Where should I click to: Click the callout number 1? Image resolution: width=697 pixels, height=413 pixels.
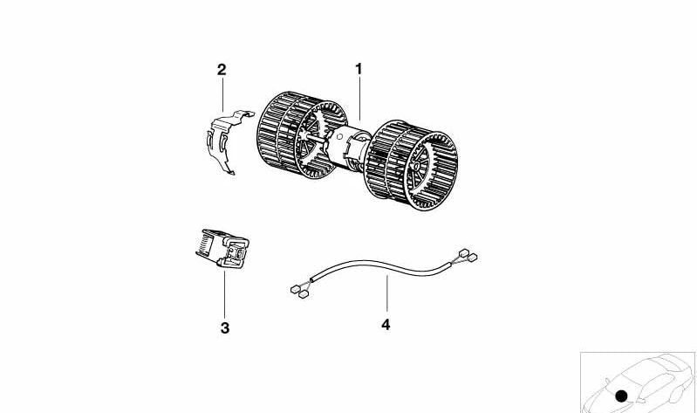(359, 69)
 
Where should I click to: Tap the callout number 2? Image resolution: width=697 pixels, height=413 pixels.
(222, 70)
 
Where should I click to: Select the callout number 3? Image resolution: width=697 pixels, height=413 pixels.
(225, 328)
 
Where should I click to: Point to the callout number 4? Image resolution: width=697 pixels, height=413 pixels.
(386, 325)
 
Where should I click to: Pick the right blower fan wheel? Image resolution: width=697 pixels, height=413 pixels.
(411, 165)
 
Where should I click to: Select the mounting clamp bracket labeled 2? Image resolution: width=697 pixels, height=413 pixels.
(227, 141)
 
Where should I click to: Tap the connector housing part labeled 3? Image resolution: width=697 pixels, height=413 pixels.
(222, 249)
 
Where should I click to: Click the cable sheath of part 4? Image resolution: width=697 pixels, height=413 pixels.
(381, 265)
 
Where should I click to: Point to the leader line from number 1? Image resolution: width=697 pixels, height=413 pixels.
(359, 99)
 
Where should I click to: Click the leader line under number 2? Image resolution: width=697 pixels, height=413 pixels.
(222, 94)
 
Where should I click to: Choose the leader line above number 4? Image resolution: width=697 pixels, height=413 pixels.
(386, 293)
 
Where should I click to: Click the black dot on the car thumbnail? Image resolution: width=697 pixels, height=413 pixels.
(621, 396)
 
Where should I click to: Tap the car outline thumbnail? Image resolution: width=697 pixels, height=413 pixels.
(638, 382)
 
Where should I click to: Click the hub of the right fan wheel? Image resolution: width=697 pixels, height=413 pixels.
(416, 166)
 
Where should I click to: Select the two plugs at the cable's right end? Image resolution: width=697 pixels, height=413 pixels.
(468, 255)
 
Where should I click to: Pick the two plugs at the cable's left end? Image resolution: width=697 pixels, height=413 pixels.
(300, 292)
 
